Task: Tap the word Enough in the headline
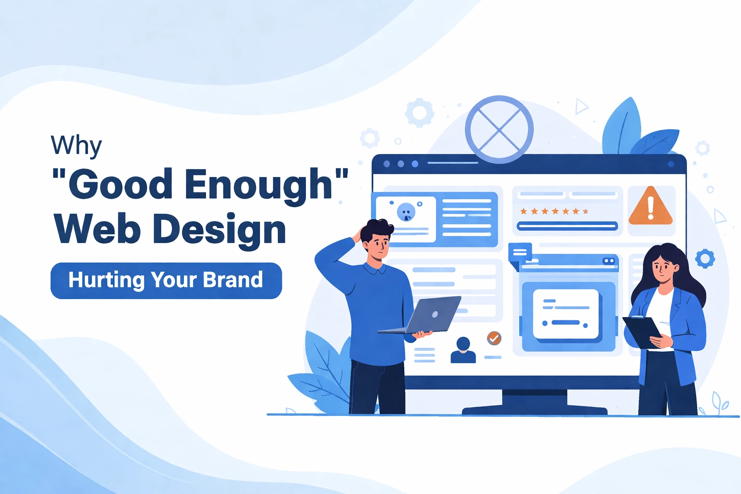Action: (259, 184)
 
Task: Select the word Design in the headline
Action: (219, 229)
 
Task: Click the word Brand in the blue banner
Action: (233, 280)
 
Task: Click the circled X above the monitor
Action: (499, 130)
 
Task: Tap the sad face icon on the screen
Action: (406, 212)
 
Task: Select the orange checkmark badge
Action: (494, 338)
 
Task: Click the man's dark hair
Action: (376, 230)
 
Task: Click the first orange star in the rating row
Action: (523, 211)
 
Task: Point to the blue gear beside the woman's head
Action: (705, 259)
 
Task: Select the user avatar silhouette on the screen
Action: (463, 350)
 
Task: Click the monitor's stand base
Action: (535, 410)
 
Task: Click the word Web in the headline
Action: (97, 229)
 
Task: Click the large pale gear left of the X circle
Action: (419, 113)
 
